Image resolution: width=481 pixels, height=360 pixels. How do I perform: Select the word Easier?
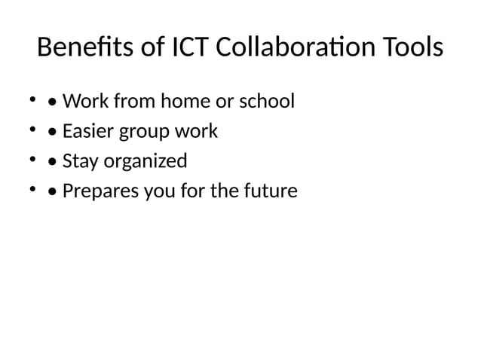87,131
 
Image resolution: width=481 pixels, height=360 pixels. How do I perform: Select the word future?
271,192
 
